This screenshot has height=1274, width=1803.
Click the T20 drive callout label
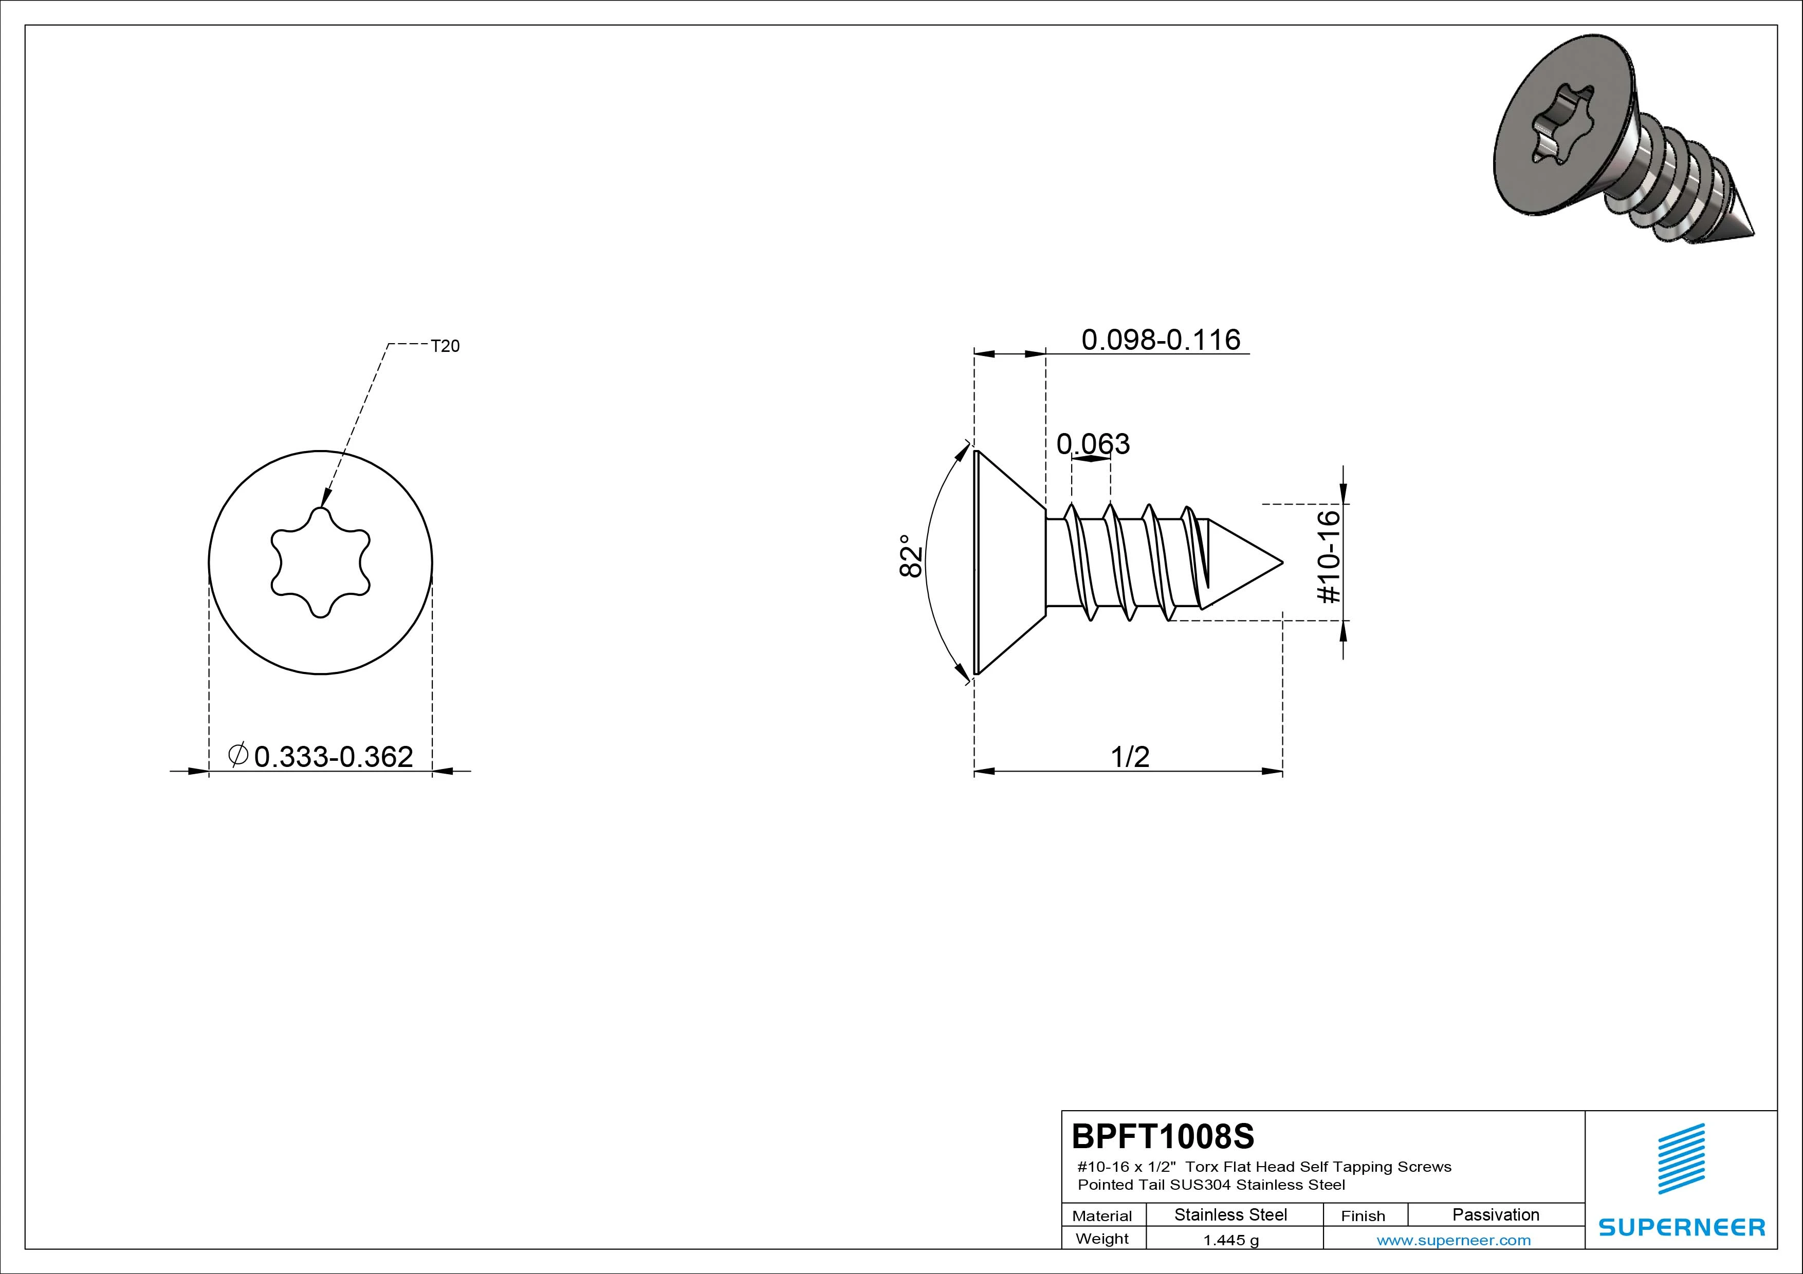coord(445,346)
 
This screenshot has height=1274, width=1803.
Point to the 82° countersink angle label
coord(910,556)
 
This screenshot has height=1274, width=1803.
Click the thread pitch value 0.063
coord(1093,444)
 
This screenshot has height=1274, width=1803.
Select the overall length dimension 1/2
coord(1130,757)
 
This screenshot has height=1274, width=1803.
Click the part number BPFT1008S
coord(1163,1136)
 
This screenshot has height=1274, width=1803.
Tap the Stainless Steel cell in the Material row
coord(1230,1214)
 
